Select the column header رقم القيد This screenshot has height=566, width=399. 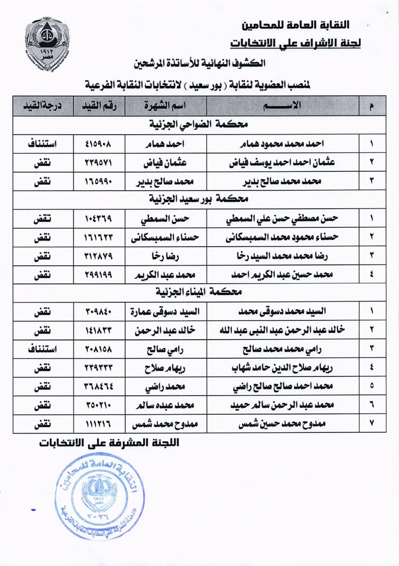[99, 106]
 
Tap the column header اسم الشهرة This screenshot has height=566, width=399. [165, 106]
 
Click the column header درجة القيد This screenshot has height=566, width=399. [43, 106]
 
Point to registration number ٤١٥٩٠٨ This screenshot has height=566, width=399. [99, 144]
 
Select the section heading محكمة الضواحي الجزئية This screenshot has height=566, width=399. [198, 125]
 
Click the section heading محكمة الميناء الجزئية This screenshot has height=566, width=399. [198, 292]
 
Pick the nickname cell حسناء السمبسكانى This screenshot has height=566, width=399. [165, 237]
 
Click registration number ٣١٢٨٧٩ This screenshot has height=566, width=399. [99, 256]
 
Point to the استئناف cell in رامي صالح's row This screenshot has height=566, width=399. [42, 349]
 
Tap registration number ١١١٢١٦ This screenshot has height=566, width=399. [99, 424]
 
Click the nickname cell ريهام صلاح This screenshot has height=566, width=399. [165, 368]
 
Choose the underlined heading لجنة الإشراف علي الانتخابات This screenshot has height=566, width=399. [295, 43]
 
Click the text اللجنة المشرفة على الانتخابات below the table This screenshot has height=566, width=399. [109, 442]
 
